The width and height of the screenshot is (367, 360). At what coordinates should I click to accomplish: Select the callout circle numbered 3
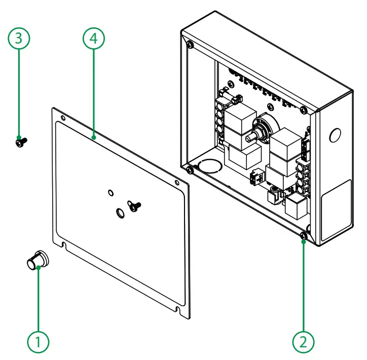click(x=19, y=39)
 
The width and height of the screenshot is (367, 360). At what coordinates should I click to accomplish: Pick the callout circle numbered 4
click(x=94, y=39)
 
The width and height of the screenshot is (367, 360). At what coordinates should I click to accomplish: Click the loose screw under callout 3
click(x=21, y=142)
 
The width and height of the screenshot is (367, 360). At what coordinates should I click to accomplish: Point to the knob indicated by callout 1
click(x=36, y=261)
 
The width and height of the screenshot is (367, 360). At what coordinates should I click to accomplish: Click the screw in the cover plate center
click(x=134, y=205)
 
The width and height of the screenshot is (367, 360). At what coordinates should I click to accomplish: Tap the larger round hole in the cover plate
click(x=120, y=213)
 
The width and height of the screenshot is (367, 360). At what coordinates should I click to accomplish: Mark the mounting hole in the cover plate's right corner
click(x=176, y=183)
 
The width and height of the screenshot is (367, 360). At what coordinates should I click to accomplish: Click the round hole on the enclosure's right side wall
click(x=335, y=135)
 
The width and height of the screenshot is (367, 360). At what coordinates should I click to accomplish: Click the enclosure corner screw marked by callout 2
click(x=303, y=236)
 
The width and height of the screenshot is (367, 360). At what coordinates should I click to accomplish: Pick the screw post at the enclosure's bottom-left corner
click(x=189, y=169)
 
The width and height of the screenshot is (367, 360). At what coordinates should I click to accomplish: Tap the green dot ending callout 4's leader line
click(x=94, y=136)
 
